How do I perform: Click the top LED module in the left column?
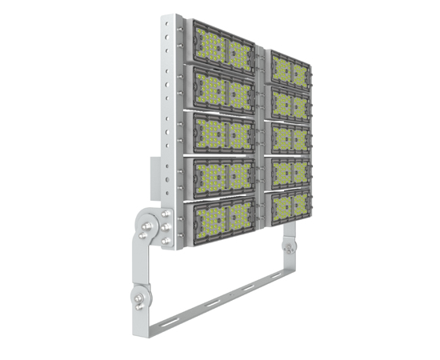click(222, 49)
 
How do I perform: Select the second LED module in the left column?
click(222, 89)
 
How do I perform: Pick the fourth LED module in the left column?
click(222, 174)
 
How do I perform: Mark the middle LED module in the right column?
click(289, 138)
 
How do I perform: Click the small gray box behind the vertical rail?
click(152, 178)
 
